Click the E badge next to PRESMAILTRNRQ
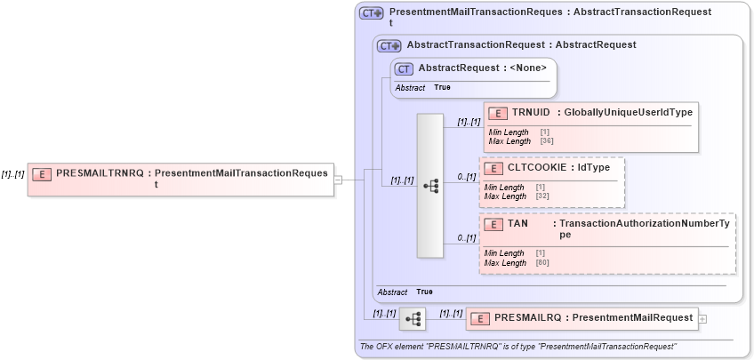tap(41, 173)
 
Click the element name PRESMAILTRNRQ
tap(99, 173)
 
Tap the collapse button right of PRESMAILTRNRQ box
tap(338, 180)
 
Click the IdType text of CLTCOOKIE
tap(594, 168)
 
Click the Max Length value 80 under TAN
tap(541, 263)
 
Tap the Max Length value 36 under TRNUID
tap(547, 140)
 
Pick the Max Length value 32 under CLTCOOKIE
tap(541, 196)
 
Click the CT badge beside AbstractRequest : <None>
tap(404, 68)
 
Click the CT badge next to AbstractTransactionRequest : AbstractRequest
tap(389, 45)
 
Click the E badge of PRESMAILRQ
tap(479, 318)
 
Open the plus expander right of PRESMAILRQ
tap(703, 318)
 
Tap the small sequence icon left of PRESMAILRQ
tap(412, 318)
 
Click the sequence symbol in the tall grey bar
tap(430, 187)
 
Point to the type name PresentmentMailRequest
tap(632, 318)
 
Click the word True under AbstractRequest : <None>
tap(442, 88)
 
